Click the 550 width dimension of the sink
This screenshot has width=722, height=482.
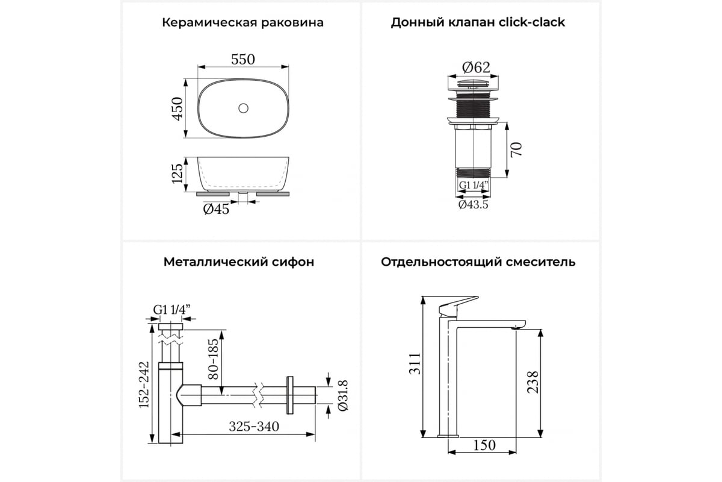point(243,60)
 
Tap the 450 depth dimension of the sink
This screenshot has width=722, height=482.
point(177,109)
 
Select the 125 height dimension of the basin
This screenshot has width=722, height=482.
point(177,174)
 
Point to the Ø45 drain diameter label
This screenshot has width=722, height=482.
point(216,209)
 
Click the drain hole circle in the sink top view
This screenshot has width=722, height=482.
point(243,108)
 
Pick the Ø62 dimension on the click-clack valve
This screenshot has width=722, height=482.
point(476,67)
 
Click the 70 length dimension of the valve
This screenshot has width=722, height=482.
point(516,149)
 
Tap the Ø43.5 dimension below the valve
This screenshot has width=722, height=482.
point(474,204)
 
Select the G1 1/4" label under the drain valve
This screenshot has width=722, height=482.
point(474,185)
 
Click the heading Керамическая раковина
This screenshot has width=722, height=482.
point(242,23)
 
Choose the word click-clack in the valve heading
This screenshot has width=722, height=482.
point(532,22)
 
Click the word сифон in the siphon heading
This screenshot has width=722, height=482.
point(293,261)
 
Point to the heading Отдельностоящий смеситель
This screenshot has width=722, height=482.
point(478,262)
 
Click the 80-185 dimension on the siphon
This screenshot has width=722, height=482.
point(213,358)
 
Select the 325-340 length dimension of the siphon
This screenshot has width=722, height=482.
point(254,427)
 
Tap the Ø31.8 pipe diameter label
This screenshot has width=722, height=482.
point(343,395)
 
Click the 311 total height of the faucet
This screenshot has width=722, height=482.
point(415,363)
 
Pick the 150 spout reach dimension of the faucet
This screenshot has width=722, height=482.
point(484,445)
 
